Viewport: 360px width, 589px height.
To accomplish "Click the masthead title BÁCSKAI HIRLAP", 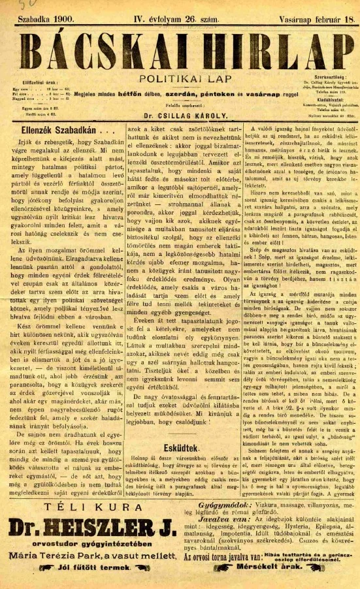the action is point(180,50).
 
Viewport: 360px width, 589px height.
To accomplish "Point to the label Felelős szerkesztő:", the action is point(180,114).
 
